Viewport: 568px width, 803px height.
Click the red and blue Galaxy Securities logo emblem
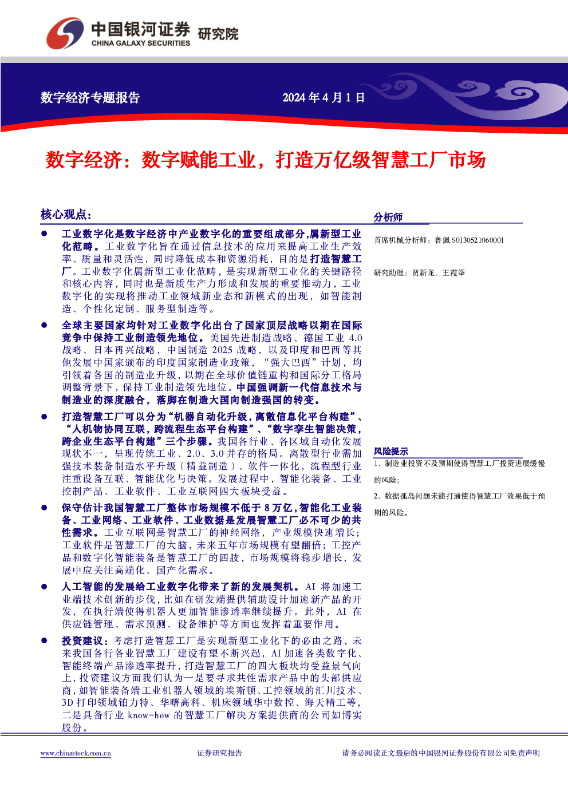coord(65,33)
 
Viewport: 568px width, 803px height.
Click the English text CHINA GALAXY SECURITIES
coord(140,43)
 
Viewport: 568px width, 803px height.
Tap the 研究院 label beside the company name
coord(218,34)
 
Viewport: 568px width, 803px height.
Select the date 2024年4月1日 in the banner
coord(324,97)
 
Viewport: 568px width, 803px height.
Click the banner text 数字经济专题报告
coord(90,97)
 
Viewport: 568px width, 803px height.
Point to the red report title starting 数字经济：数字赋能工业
coord(266,160)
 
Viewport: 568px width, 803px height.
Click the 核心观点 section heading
coord(66,215)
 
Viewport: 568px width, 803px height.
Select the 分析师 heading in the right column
coord(388,217)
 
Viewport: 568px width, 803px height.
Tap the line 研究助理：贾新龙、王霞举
coord(420,273)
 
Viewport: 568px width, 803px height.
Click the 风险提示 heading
coord(391,451)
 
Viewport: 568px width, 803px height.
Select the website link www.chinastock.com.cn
coord(76,753)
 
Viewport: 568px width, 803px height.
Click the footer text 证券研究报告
coord(220,753)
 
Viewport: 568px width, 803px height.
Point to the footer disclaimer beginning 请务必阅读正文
coord(441,753)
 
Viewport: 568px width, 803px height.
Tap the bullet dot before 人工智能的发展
coord(44,587)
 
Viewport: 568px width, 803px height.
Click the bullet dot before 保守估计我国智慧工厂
coord(44,507)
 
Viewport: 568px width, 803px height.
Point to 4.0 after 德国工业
coord(356,338)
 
